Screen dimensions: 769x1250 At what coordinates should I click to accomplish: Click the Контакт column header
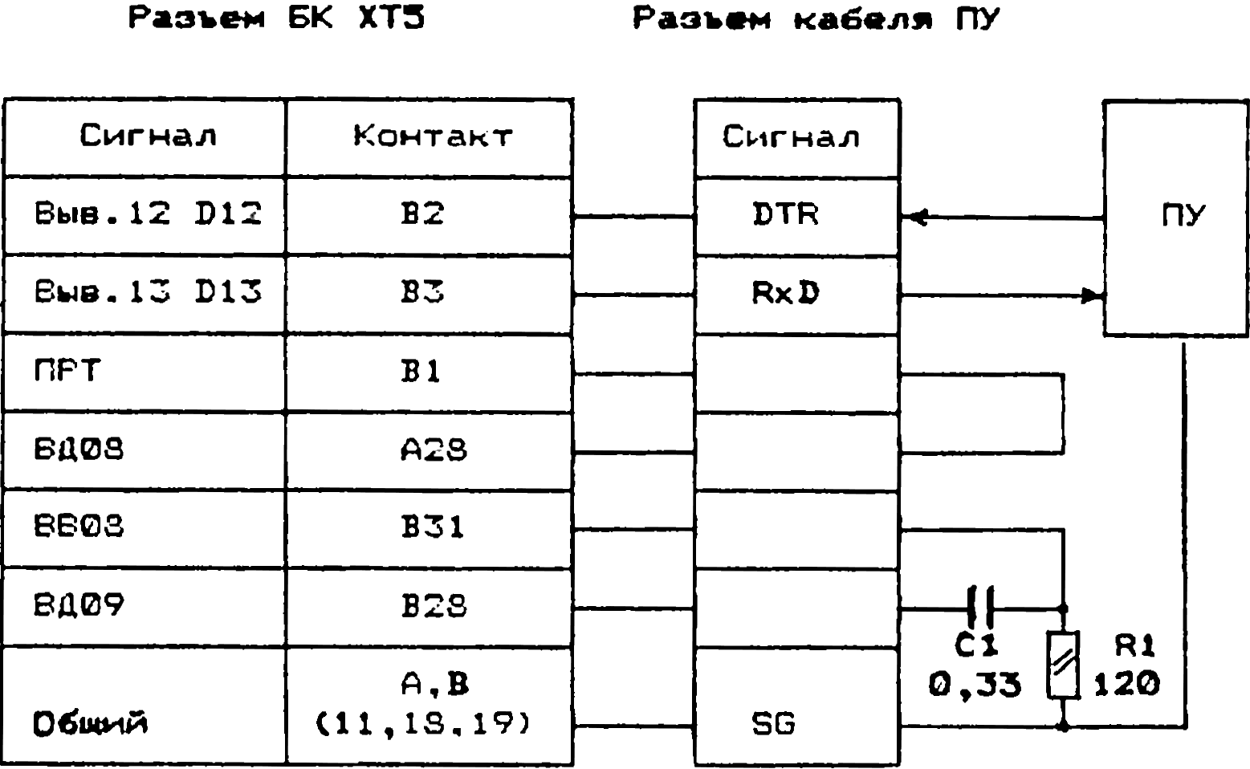[x=431, y=136]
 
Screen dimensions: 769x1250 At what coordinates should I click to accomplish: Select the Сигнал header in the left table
[x=148, y=136]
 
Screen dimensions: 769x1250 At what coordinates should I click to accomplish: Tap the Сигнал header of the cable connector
[x=791, y=136]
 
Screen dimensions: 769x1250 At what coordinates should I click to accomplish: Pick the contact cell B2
[x=423, y=214]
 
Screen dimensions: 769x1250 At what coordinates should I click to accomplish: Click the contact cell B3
[x=423, y=292]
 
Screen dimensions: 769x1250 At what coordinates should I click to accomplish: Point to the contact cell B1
[x=423, y=372]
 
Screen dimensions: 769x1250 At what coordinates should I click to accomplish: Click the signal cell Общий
[x=92, y=724]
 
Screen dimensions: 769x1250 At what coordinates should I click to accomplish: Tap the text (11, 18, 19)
[x=424, y=725]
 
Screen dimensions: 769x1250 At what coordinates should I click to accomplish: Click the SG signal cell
[x=775, y=725]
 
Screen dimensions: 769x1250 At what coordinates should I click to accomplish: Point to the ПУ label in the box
[x=1184, y=215]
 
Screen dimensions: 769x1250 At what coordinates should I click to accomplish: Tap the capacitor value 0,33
[x=975, y=685]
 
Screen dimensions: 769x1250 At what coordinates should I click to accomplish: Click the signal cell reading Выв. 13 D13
[x=149, y=292]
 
